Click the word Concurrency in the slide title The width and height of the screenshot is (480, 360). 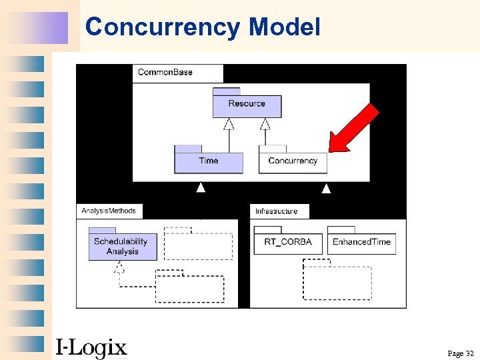[x=163, y=27]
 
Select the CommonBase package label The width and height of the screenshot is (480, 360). [x=165, y=72]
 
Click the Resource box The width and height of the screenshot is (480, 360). [x=247, y=105]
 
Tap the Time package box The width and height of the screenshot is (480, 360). [x=208, y=162]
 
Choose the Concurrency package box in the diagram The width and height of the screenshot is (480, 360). [x=293, y=162]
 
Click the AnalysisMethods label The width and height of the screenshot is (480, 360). [x=108, y=211]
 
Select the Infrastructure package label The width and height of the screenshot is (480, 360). [x=276, y=211]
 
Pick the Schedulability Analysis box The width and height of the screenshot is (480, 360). [x=122, y=247]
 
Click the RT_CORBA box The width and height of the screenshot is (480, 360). [x=288, y=243]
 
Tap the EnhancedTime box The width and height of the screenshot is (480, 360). [x=361, y=243]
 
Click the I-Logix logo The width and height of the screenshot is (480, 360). [x=91, y=347]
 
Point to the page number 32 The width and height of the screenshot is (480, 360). [x=460, y=353]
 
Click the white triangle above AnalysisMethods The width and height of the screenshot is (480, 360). [x=200, y=188]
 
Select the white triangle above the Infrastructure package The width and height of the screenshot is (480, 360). [x=326, y=188]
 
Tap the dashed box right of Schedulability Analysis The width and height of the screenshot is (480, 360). [x=198, y=245]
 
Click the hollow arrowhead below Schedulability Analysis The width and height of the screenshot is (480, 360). [x=119, y=267]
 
